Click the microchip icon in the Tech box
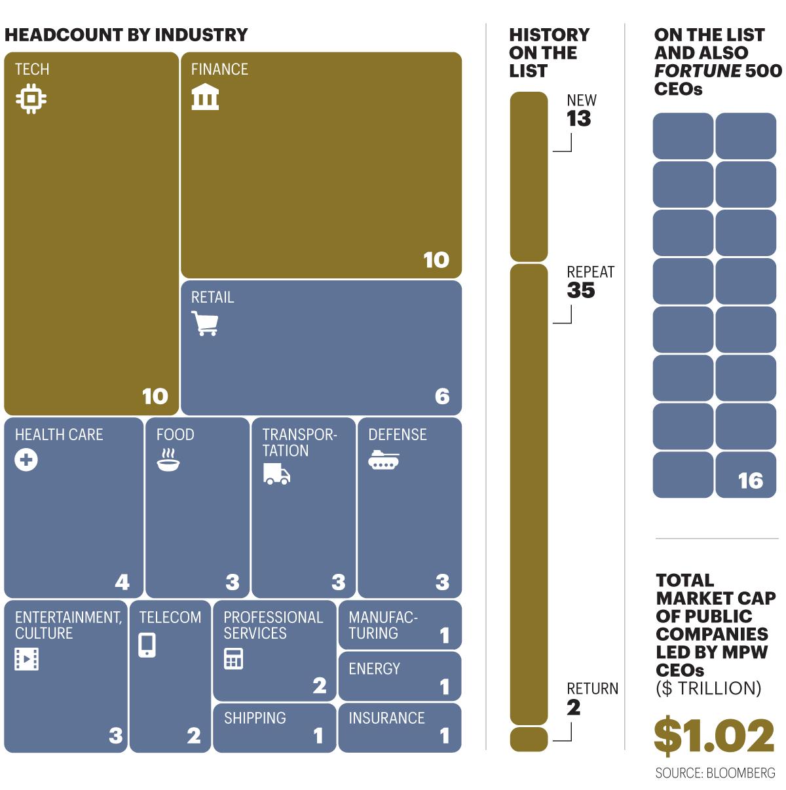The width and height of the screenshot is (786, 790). pyautogui.click(x=31, y=99)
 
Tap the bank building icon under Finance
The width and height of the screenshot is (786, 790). pyautogui.click(x=205, y=97)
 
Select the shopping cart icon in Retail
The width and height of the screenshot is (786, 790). pyautogui.click(x=204, y=323)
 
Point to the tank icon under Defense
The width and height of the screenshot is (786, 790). pyautogui.click(x=383, y=460)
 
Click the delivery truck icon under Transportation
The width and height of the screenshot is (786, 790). pyautogui.click(x=277, y=474)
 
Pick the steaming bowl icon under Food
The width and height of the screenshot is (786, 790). pyautogui.click(x=168, y=460)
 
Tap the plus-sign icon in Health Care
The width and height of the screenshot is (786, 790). pyautogui.click(x=26, y=460)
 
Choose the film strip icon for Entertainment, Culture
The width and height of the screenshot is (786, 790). pyautogui.click(x=27, y=659)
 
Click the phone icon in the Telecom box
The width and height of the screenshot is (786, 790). pyautogui.click(x=147, y=645)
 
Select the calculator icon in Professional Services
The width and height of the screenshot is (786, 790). pyautogui.click(x=234, y=658)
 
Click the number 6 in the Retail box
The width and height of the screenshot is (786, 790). pyautogui.click(x=442, y=396)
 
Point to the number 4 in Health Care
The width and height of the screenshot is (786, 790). pyautogui.click(x=122, y=582)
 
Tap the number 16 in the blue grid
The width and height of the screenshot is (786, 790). pyautogui.click(x=751, y=480)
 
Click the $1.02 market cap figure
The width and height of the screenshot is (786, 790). pyautogui.click(x=714, y=736)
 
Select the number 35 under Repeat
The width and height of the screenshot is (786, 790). pyautogui.click(x=581, y=290)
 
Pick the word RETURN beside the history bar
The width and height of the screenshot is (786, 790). pyautogui.click(x=593, y=688)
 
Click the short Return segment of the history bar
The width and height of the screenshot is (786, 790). pyautogui.click(x=529, y=739)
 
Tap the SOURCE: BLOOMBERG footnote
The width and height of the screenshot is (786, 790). pyautogui.click(x=715, y=773)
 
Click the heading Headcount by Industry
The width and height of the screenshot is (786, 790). pyautogui.click(x=126, y=35)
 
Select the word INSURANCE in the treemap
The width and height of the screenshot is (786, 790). pyautogui.click(x=386, y=718)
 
